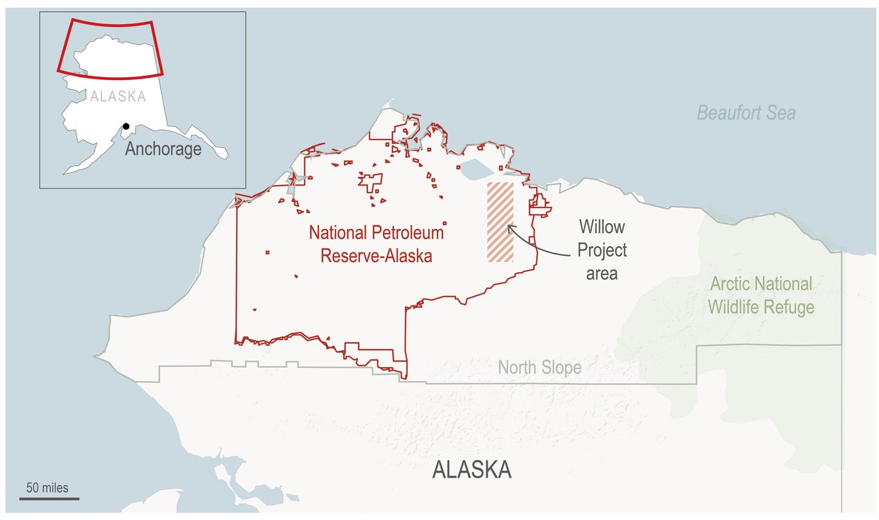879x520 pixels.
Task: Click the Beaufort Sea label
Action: [x=746, y=113]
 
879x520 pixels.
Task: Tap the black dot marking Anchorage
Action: [x=126, y=127]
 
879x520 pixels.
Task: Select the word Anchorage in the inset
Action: [x=163, y=149]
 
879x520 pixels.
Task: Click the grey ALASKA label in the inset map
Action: [x=118, y=96]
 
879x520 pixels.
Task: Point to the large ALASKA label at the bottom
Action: [x=471, y=470]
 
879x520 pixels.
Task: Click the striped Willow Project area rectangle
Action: [x=500, y=222]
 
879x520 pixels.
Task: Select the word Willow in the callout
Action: [x=602, y=227]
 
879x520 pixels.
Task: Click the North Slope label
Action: [x=539, y=368]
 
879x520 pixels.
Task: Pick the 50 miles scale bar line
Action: [x=49, y=499]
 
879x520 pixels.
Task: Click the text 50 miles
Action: [x=47, y=487]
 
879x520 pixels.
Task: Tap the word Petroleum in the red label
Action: [x=408, y=232]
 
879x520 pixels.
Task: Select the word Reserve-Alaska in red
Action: [x=376, y=256]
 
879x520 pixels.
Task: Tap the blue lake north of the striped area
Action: [x=475, y=169]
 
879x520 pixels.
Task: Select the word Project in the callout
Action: [x=602, y=250]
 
